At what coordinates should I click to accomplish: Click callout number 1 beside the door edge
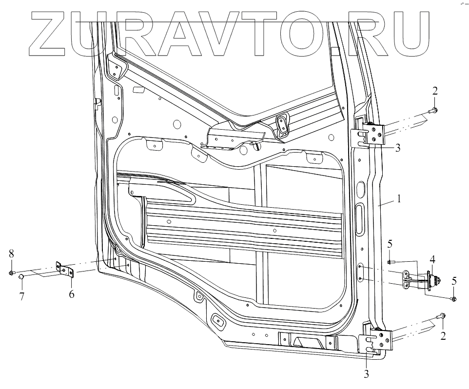tap(398, 199)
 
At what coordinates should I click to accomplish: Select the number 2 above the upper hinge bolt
tap(435, 91)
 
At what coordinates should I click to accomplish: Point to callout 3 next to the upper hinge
tap(398, 148)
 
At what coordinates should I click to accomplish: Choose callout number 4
tap(432, 258)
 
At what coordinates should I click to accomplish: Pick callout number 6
tap(71, 294)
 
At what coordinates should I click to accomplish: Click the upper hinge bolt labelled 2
tap(434, 110)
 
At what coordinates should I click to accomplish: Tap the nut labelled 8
tap(11, 272)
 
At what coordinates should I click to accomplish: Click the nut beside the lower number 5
tap(453, 298)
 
